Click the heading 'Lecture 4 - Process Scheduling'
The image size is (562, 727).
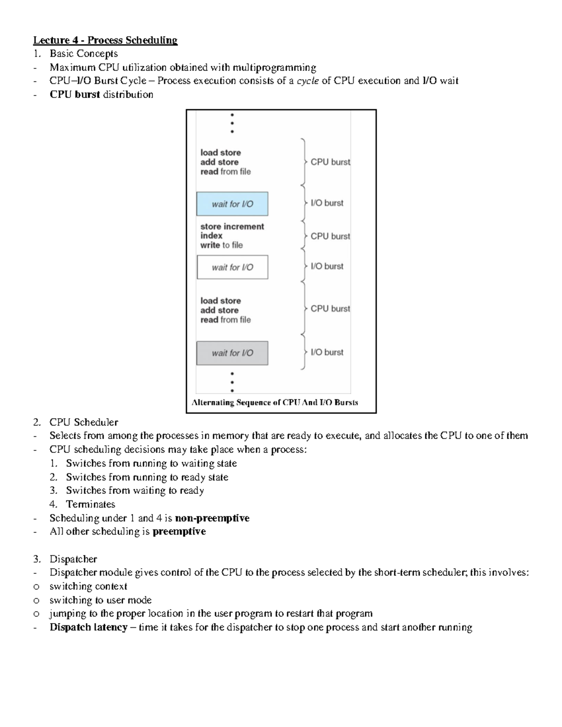pos(105,40)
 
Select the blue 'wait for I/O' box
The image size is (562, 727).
pos(232,204)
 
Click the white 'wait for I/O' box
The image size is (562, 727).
pos(232,267)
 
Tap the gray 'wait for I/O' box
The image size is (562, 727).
pos(232,353)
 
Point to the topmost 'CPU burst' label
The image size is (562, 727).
pos(330,162)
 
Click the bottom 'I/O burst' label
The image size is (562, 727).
pos(327,352)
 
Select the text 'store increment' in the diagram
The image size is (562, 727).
pos(232,227)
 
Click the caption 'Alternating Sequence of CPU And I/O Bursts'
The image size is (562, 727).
pos(275,403)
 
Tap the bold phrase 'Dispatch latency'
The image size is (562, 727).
pos(89,627)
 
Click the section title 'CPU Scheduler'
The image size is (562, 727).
pos(84,422)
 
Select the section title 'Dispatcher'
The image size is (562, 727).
pos(73,559)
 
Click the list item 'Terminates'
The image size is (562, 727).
pos(90,504)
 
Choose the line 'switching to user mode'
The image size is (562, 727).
pos(100,600)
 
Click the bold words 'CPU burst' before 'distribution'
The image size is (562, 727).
pos(75,95)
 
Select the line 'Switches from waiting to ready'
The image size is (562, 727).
pos(135,491)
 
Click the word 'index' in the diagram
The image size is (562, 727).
pos(211,236)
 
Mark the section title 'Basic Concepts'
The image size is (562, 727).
pos(84,54)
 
